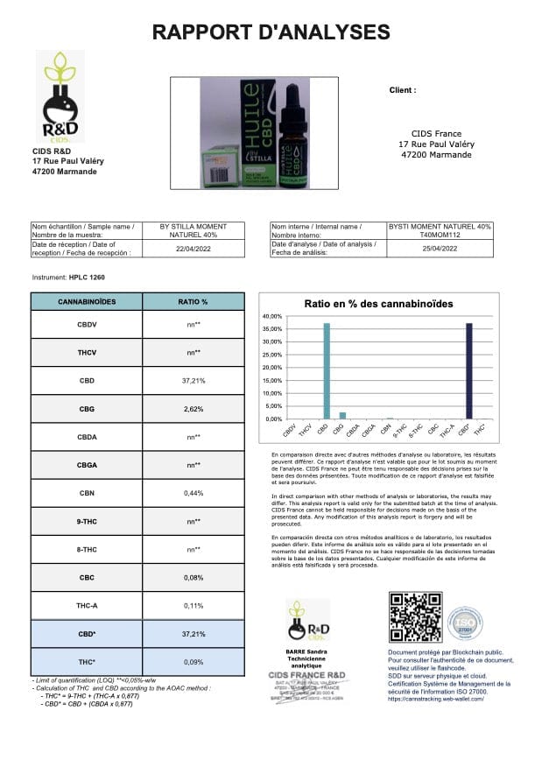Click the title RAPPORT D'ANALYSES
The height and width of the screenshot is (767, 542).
(271, 32)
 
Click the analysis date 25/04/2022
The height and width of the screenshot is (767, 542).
(438, 248)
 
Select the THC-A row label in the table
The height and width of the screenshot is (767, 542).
(87, 605)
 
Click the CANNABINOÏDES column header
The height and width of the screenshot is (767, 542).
(87, 301)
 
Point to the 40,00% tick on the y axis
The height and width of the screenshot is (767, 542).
(272, 315)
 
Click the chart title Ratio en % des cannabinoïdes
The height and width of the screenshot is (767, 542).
(378, 303)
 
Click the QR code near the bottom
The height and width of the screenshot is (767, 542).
(415, 617)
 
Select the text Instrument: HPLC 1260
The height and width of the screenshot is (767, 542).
(67, 277)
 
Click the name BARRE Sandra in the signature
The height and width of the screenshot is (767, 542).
(306, 652)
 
